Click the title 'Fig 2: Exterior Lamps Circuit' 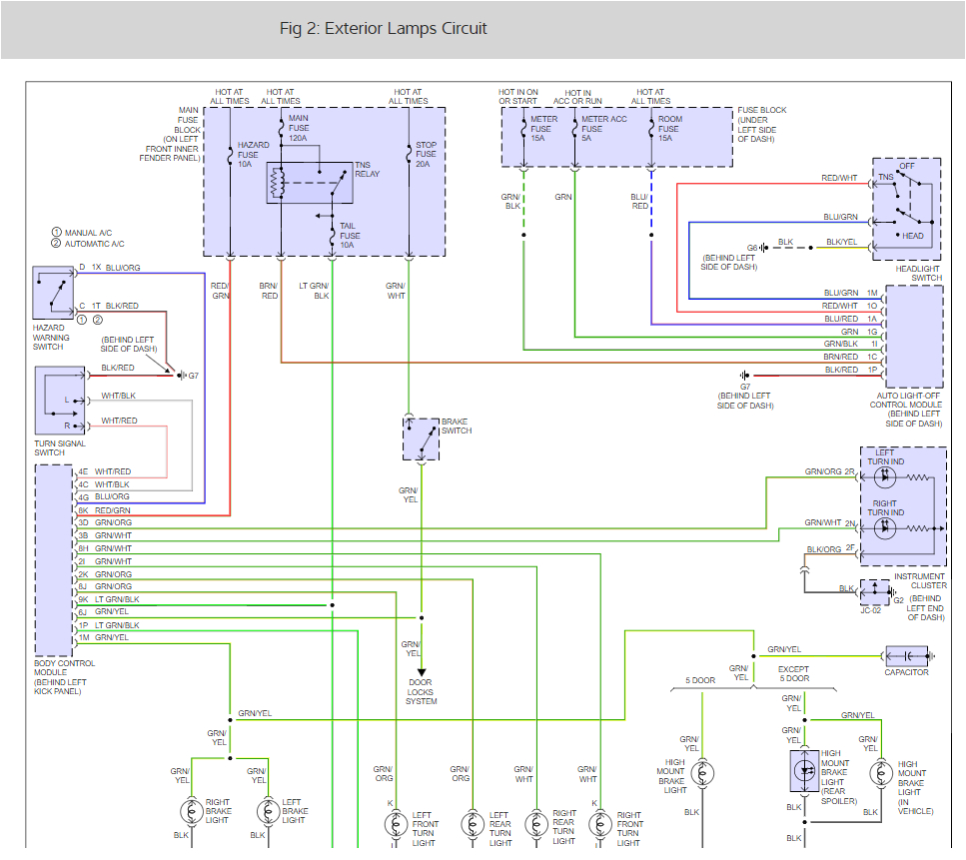click(x=384, y=28)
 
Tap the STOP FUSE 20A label click(x=425, y=154)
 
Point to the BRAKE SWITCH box click(x=421, y=438)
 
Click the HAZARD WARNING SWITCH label click(x=51, y=338)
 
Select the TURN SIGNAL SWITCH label click(x=60, y=447)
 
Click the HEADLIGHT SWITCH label click(x=919, y=273)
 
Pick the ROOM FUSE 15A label click(x=668, y=128)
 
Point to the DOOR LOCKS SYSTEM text click(x=422, y=692)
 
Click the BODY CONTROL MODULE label click(x=65, y=677)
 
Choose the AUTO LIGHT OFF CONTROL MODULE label click(x=906, y=410)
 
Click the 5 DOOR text click(x=700, y=680)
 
